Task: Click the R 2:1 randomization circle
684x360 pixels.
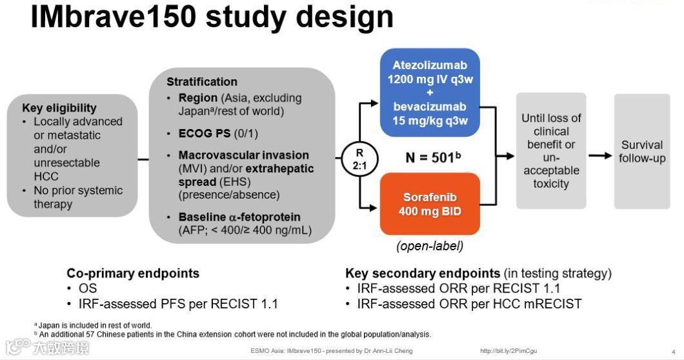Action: pos(360,157)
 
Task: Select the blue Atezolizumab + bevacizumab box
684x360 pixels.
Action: pos(430,92)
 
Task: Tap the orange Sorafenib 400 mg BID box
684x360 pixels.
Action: pos(430,203)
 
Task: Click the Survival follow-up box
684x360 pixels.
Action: pos(641,152)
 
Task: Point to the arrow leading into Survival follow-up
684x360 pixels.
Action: pos(599,155)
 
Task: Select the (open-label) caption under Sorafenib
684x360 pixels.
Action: pos(430,246)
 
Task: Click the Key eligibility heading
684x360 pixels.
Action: pos(59,108)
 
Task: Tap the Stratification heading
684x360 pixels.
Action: pos(202,82)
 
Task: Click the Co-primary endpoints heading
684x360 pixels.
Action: pos(133,273)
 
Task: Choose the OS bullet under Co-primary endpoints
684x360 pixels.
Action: pos(88,288)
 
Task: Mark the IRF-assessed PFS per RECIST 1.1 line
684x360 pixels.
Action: pos(178,303)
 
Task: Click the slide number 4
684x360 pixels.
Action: pos(673,352)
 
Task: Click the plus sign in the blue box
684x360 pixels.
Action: pos(430,93)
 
